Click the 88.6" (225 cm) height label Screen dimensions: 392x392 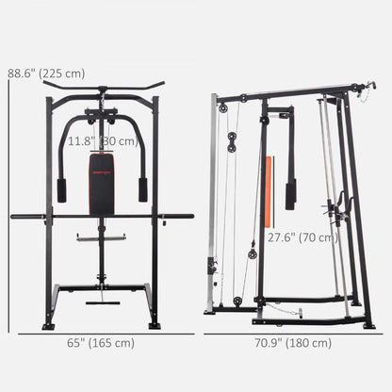point(44,72)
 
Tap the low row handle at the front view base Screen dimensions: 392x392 point(103,302)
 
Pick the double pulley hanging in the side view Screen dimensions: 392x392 point(230,142)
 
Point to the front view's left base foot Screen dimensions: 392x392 point(48,326)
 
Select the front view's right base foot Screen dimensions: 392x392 point(155,326)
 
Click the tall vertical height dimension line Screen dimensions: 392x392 point(8,207)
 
